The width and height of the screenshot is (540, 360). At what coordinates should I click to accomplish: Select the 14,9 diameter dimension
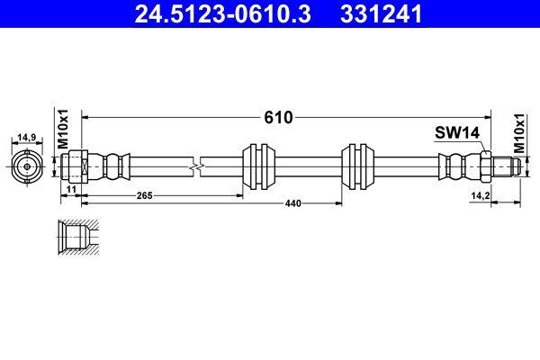point(27,138)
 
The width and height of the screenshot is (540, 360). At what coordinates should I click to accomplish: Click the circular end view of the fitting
point(27,166)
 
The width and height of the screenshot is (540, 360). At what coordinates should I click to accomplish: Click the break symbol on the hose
point(197,166)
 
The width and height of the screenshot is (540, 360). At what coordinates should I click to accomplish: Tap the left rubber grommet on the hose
point(260,166)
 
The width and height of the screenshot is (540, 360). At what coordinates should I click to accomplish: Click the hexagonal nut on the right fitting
point(483,166)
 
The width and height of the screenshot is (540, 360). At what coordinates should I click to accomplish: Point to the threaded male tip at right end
point(505,166)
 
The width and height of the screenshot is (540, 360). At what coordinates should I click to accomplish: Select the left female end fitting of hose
point(78,166)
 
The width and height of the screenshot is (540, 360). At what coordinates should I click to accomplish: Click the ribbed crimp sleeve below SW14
point(458,166)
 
